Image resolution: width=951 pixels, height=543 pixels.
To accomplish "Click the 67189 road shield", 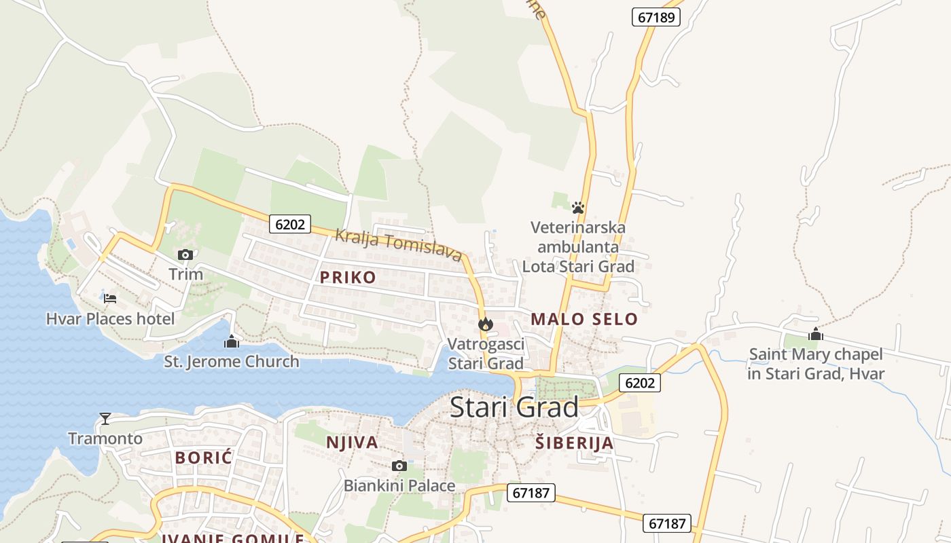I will tap(656, 17).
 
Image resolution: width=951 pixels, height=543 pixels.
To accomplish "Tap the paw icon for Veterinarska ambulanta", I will tap(578, 208).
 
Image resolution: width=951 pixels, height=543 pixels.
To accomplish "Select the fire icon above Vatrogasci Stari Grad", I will tap(485, 324).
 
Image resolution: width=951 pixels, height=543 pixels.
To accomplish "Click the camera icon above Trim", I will tap(185, 255).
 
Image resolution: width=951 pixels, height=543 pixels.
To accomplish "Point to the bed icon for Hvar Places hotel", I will tap(110, 298).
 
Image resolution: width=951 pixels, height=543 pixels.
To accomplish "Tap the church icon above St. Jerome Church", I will tap(232, 341).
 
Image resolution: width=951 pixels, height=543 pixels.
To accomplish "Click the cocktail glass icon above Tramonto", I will tap(105, 418).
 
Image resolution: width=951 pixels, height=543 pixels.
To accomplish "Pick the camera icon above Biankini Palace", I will tap(399, 466).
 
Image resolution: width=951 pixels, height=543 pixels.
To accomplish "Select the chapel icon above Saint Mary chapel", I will tap(816, 334).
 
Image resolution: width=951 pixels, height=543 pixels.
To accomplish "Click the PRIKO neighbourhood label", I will tap(348, 277).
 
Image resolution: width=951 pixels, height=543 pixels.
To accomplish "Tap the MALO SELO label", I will tap(584, 319).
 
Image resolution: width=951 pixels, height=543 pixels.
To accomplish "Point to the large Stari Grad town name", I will tap(514, 407).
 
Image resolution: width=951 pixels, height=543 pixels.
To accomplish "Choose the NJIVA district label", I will tap(352, 443).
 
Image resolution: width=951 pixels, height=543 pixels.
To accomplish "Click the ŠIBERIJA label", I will tap(574, 443).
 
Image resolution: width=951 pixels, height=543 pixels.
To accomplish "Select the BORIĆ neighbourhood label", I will tap(204, 457).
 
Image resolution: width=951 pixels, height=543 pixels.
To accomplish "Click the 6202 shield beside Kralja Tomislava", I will tap(290, 224).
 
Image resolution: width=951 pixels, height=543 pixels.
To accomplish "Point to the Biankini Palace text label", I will tap(399, 486).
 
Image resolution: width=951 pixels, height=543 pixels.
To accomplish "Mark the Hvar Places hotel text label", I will tap(110, 318).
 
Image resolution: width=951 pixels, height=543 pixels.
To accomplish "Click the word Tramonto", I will tap(105, 438).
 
